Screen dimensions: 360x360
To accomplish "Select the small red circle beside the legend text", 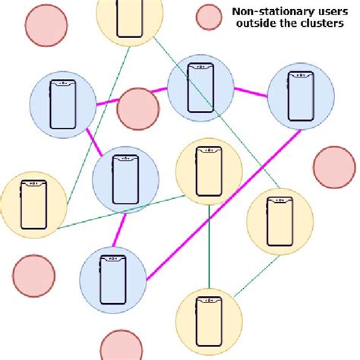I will (207, 16).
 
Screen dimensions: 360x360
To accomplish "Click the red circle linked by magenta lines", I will (138, 109).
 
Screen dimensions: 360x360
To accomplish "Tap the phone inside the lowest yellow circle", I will (209, 321).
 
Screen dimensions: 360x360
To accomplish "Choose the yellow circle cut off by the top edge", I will (131, 19).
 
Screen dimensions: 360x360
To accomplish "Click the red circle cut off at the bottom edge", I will (122, 347).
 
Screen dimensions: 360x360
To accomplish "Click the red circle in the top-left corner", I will (46, 24).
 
